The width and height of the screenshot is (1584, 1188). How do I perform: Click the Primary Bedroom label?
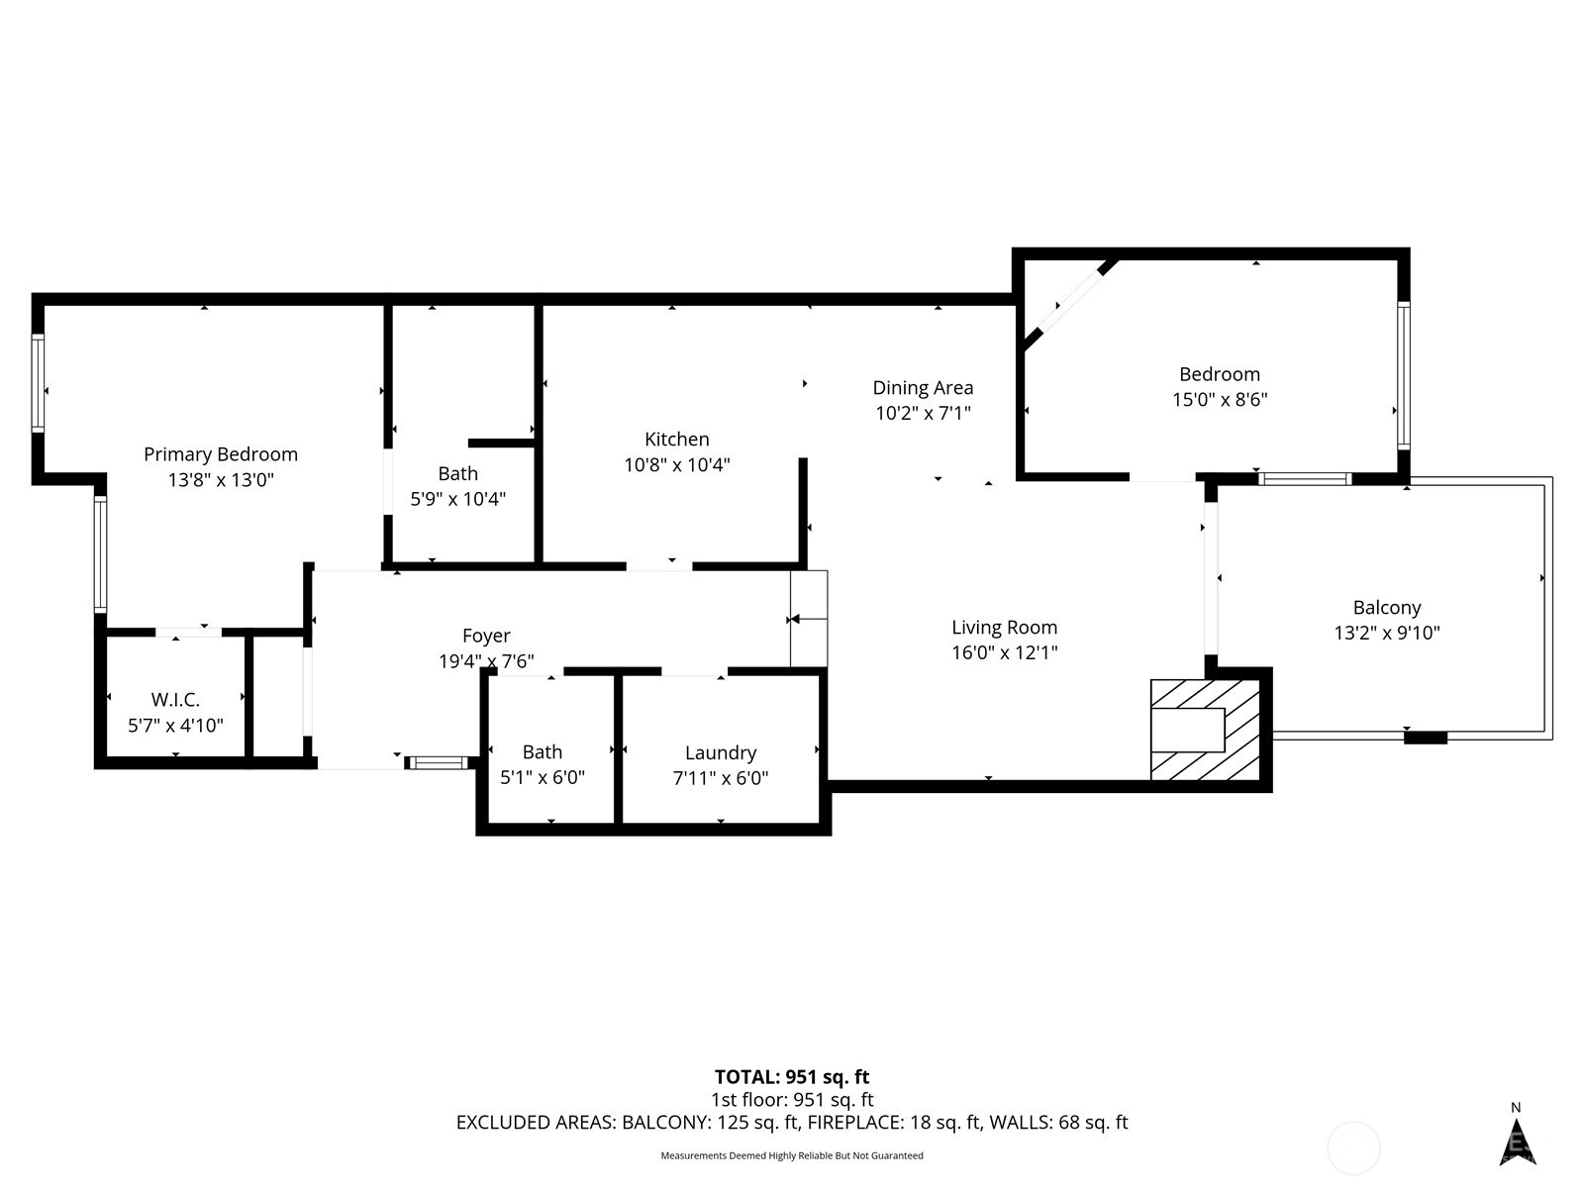221,454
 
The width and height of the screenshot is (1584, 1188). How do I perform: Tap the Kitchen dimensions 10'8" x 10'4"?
677,464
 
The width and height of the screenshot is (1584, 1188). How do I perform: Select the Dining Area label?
923,388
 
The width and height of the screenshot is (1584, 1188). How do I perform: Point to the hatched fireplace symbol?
1205,730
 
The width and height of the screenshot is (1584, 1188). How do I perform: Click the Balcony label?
1387,608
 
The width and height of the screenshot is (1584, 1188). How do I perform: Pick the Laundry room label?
721,753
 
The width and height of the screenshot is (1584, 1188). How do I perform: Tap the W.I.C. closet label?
175,700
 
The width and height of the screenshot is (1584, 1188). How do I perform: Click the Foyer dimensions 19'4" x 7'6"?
486,661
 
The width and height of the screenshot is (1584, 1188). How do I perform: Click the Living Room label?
1004,628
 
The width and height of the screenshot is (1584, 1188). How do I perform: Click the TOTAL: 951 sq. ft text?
792,1077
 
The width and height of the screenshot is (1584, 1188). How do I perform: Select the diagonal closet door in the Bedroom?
1071,305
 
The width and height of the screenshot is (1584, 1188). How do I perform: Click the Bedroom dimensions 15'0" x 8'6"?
1220,400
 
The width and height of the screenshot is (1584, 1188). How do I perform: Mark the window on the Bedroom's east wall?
1403,375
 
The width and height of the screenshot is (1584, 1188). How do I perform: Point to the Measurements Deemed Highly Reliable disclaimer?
792,1155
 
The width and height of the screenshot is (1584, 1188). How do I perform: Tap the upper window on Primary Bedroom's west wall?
38,382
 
